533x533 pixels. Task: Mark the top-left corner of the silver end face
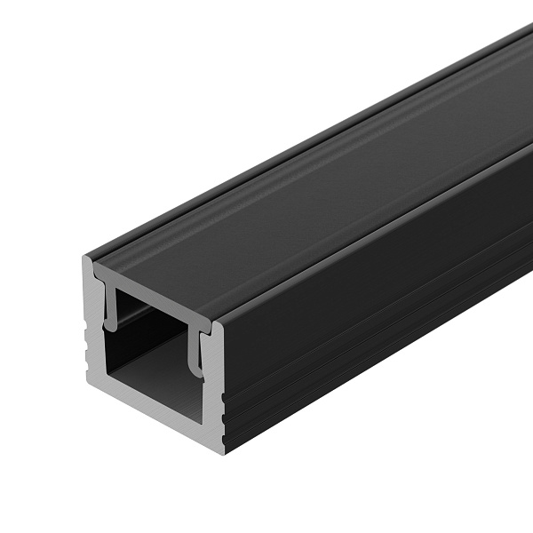85,259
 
